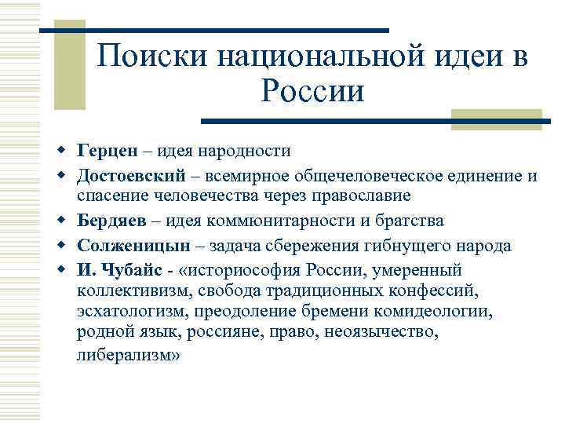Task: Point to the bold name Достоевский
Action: coord(128,175)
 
